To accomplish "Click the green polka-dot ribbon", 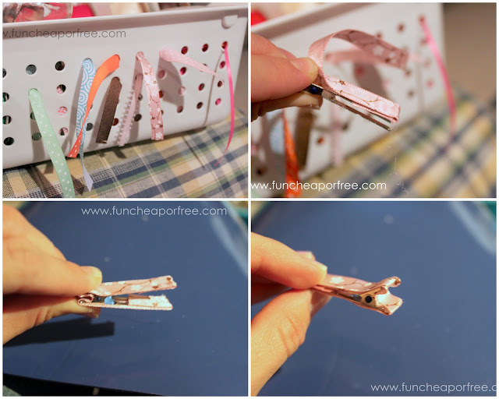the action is coord(51,140).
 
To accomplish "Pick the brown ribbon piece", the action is coord(109,110).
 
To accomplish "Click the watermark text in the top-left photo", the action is coord(65,34).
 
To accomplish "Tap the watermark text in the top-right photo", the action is coord(319,185).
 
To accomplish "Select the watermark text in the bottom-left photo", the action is coord(154,211).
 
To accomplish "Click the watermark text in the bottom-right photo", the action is coord(434,387).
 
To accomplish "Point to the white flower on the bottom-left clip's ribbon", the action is coord(137,288).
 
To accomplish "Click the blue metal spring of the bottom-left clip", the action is coord(109,300).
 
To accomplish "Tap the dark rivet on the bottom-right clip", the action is coord(369,299).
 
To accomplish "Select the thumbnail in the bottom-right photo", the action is coord(313,267).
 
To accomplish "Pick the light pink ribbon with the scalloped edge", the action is coord(130,111).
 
